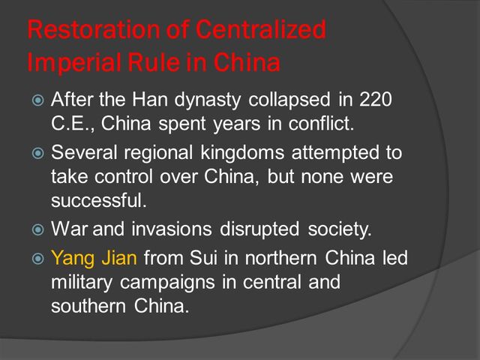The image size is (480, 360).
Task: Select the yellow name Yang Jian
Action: [x=94, y=259]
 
